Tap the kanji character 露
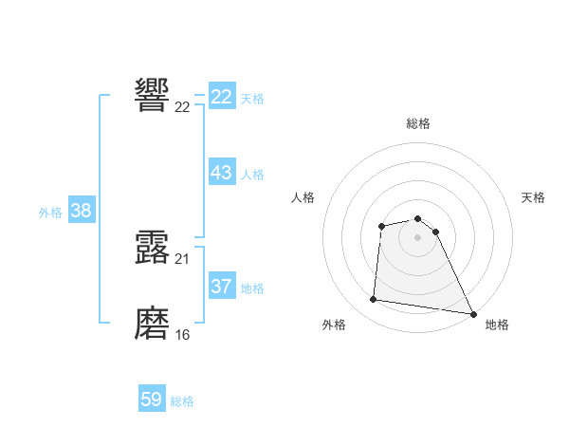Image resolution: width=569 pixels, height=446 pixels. [153, 247]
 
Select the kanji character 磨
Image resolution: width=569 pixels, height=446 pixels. [153, 324]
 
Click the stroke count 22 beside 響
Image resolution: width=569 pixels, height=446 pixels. [182, 106]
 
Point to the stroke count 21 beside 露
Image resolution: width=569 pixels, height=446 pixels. [182, 259]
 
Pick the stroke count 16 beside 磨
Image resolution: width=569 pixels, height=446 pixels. [182, 335]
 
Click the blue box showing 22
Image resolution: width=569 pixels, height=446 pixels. [222, 97]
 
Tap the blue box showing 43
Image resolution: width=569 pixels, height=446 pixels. [222, 173]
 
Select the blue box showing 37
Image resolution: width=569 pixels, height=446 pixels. [222, 287]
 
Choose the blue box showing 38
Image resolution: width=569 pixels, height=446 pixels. [81, 211]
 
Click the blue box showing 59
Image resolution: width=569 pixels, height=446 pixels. [152, 400]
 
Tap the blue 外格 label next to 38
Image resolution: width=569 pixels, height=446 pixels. [50, 213]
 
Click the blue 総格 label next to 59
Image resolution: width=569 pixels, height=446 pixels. [182, 401]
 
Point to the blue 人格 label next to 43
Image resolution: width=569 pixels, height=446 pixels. [252, 175]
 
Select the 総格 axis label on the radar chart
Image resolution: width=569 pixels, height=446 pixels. [417, 123]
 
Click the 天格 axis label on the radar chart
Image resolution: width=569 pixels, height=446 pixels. [533, 197]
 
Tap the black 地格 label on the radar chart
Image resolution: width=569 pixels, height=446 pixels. [497, 325]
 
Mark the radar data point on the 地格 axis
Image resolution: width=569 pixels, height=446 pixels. [473, 312]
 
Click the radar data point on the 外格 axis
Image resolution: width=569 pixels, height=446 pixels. [374, 300]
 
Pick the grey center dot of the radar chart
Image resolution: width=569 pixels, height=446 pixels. [417, 236]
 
